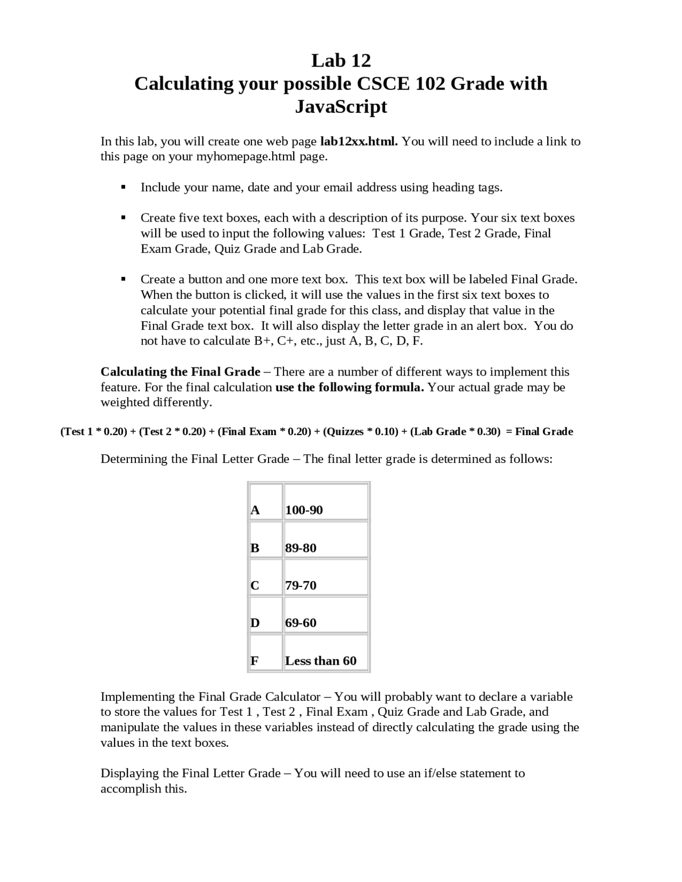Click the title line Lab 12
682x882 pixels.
(x=340, y=61)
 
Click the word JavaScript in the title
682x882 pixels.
(x=340, y=107)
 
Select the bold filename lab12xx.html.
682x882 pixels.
(x=359, y=142)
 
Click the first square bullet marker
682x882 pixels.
(x=123, y=187)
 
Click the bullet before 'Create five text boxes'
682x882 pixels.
(x=123, y=217)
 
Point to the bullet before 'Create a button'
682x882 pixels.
(x=123, y=279)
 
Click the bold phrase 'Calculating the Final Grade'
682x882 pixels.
(x=180, y=372)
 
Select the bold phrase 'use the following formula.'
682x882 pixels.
(x=349, y=387)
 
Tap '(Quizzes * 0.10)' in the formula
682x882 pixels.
(x=360, y=432)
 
